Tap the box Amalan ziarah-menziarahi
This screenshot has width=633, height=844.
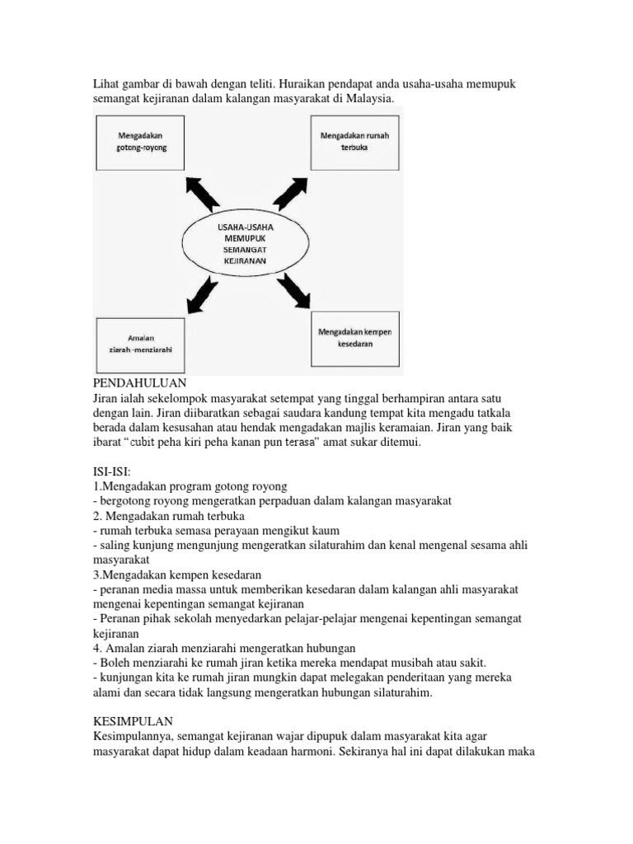click(141, 343)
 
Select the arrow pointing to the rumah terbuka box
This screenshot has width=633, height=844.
click(289, 191)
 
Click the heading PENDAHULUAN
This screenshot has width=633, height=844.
click(141, 383)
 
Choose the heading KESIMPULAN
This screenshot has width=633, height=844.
click(134, 720)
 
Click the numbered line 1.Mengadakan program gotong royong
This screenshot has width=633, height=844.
click(190, 486)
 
